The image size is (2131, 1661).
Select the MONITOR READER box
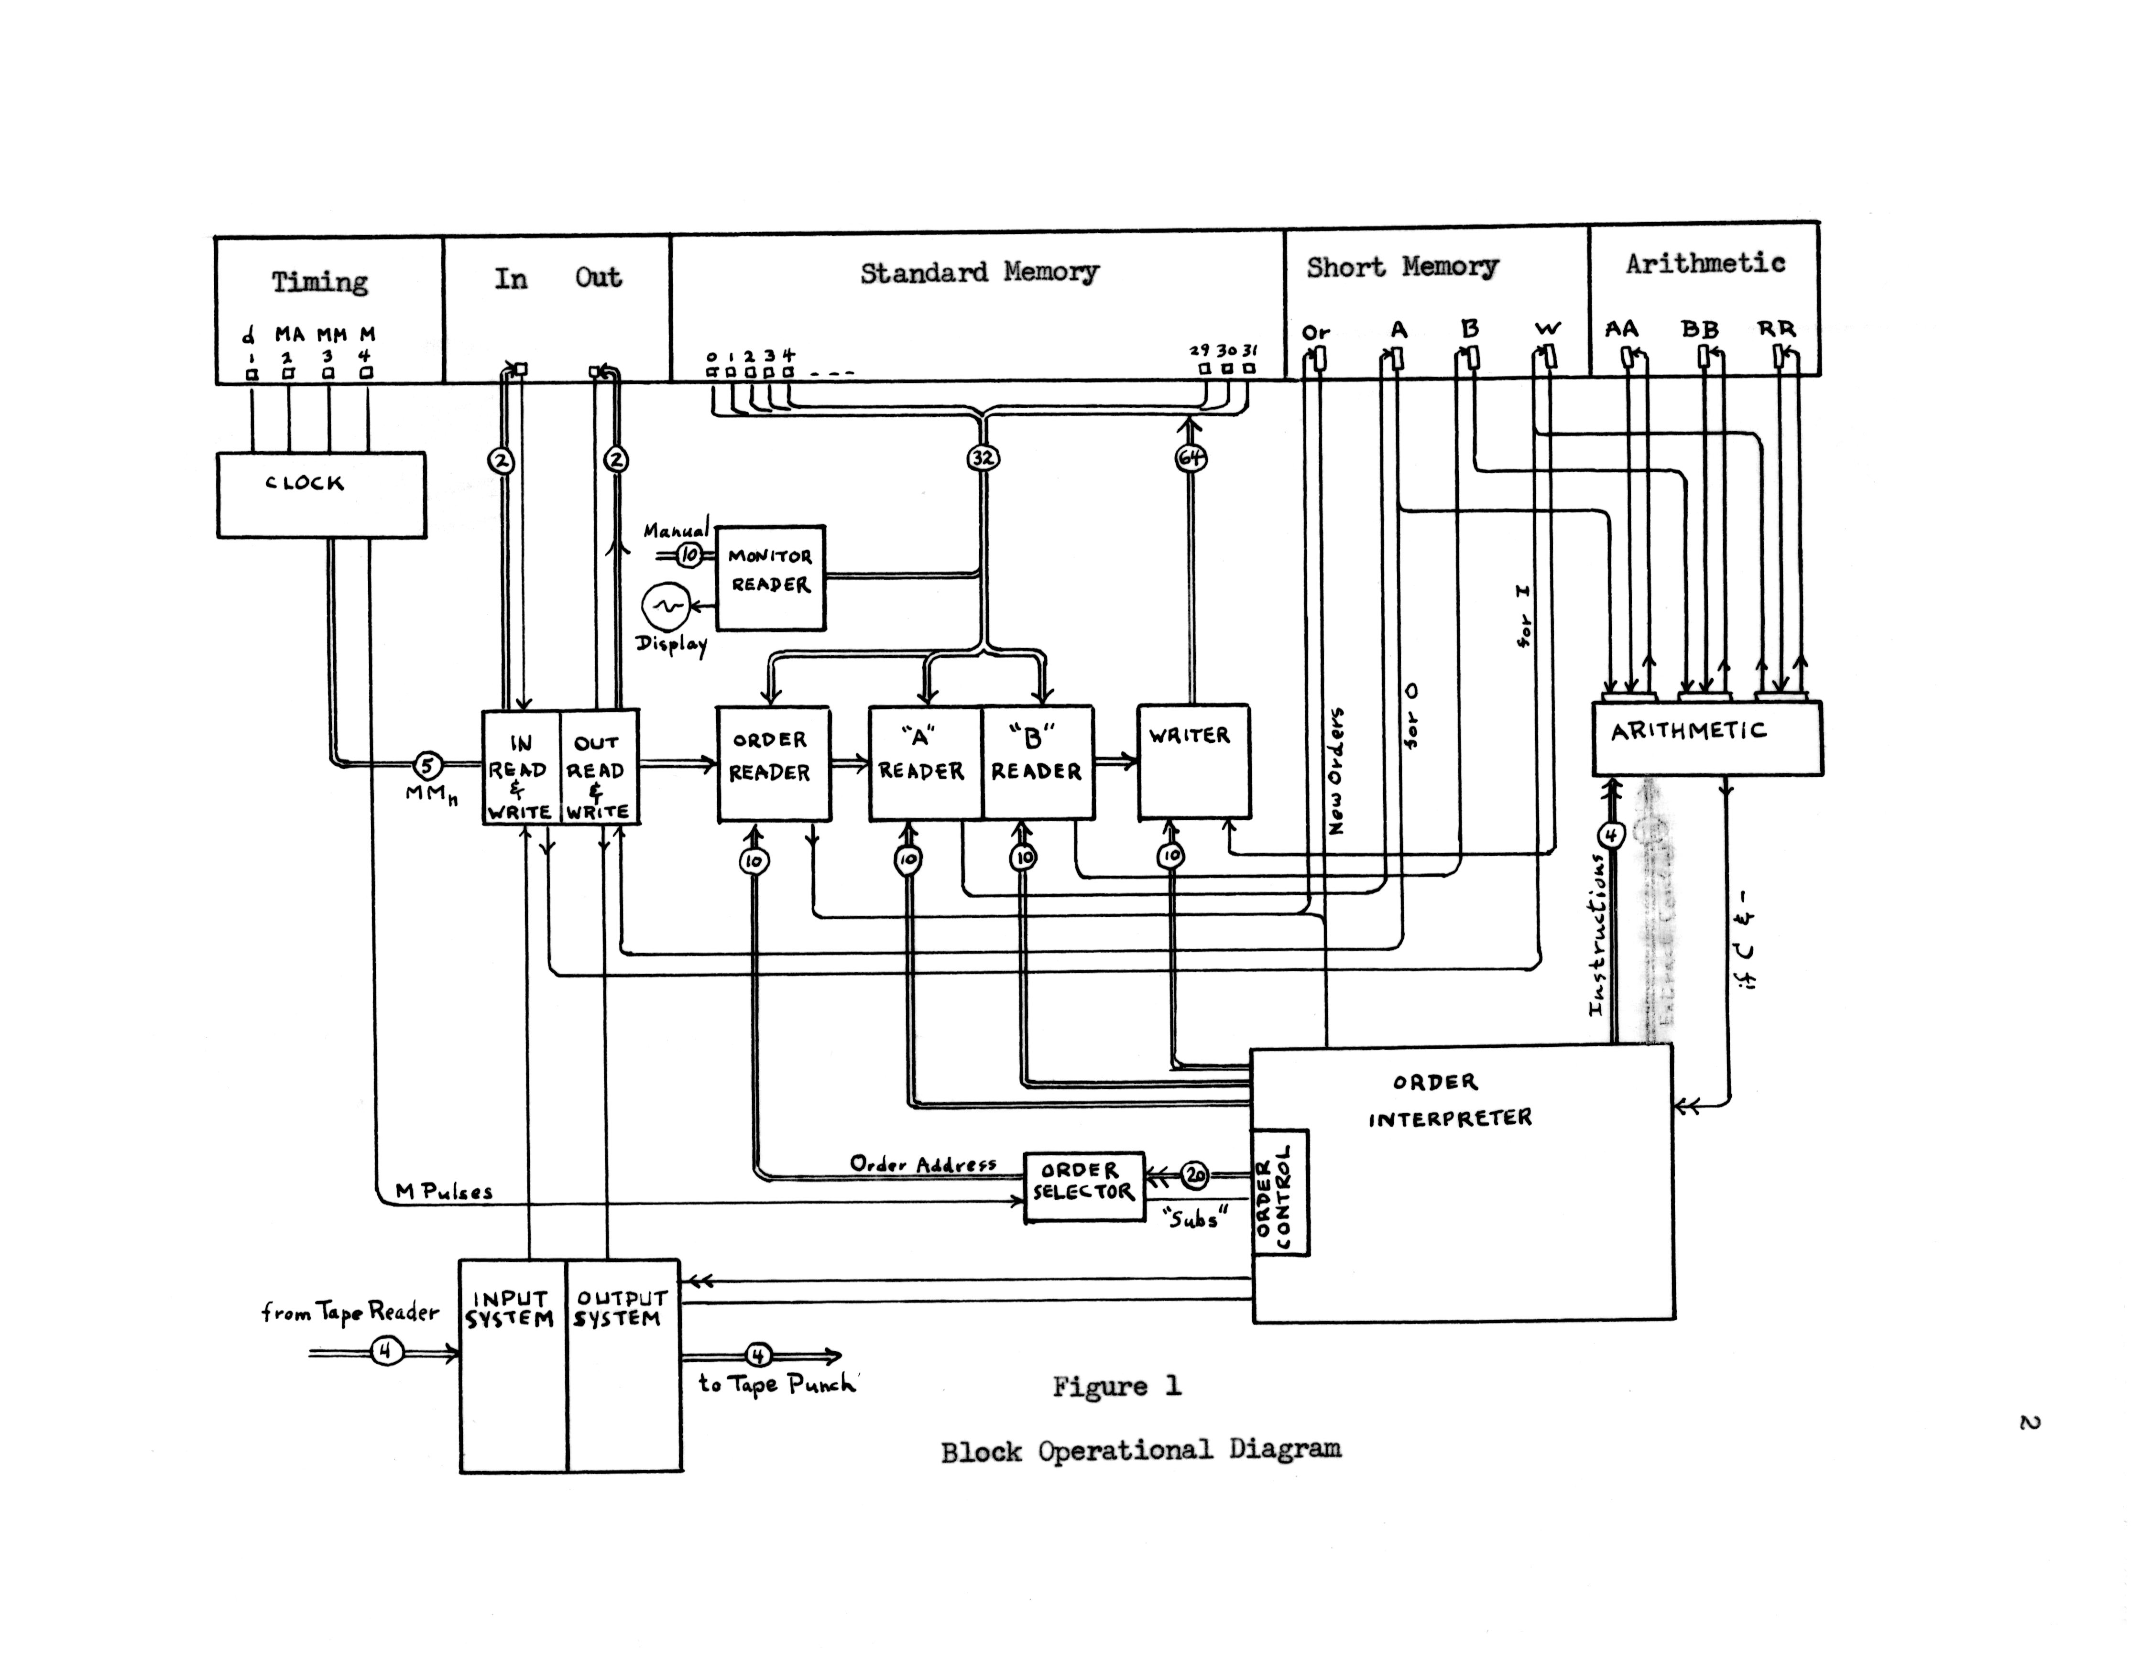(x=770, y=577)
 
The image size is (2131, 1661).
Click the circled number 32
(x=983, y=457)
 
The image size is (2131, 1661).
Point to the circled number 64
(x=1191, y=457)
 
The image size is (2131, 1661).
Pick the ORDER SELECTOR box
(x=1083, y=1186)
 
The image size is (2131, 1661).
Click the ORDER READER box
(x=773, y=763)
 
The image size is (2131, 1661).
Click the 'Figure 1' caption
(x=1116, y=1386)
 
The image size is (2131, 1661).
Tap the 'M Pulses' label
(x=444, y=1191)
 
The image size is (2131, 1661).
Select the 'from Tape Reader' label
(x=350, y=1312)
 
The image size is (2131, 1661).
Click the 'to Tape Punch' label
(x=776, y=1383)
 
